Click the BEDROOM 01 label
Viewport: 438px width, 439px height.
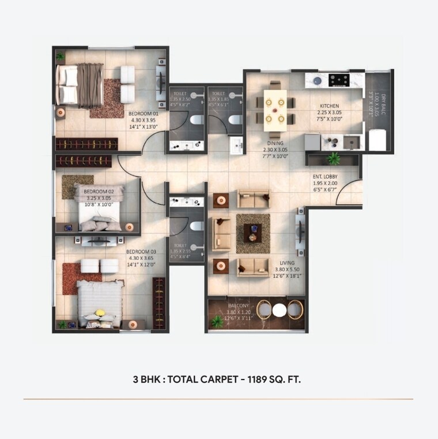point(144,114)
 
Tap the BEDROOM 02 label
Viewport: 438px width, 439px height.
point(96,191)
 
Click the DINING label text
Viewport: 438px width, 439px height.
point(275,143)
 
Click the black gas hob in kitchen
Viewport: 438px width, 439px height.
point(339,80)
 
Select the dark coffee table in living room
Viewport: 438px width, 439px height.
point(252,233)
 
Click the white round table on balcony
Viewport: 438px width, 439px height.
point(279,310)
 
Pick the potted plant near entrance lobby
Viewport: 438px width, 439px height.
point(333,158)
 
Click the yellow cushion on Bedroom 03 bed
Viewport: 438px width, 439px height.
point(100,313)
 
